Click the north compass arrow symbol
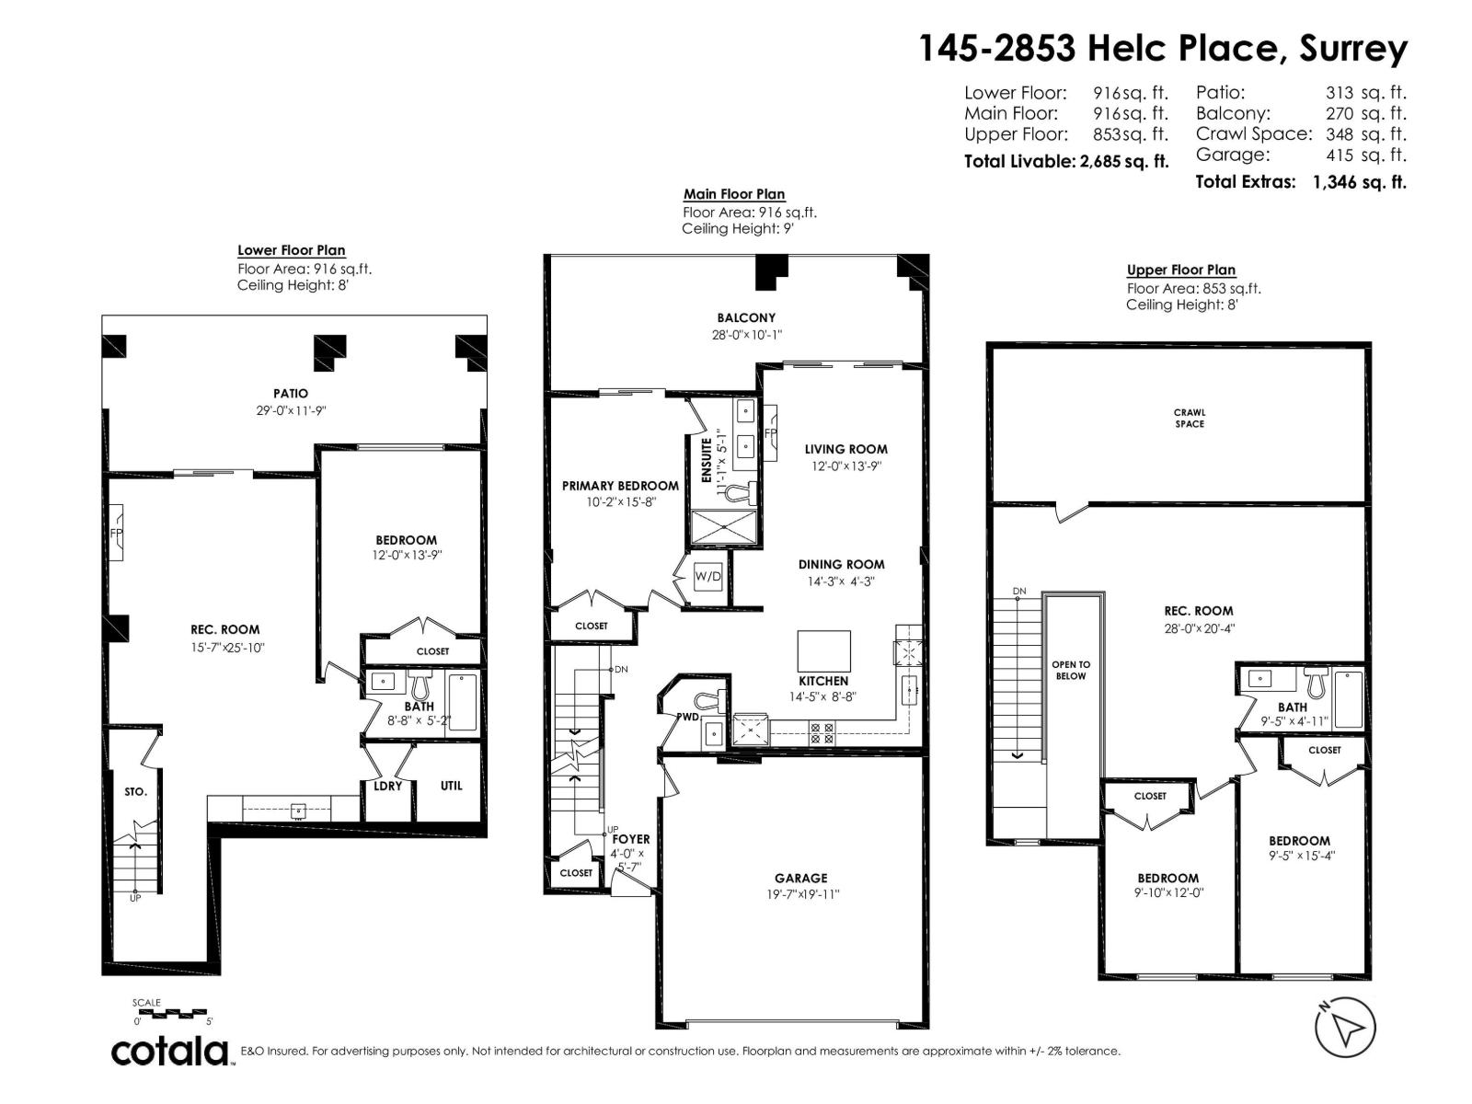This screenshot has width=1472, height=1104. [x=1345, y=1028]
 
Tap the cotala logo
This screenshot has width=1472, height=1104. [x=171, y=1051]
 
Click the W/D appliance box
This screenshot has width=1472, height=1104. [x=707, y=578]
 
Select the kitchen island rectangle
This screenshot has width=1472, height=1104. [x=823, y=650]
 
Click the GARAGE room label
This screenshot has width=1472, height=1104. [x=800, y=879]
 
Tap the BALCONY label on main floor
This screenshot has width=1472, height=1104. [x=746, y=318]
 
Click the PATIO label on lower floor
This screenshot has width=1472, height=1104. [x=291, y=394]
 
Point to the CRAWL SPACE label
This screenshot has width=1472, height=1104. [x=1189, y=419]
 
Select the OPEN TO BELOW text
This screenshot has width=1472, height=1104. [x=1071, y=670]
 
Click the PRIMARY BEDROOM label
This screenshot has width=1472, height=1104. [x=620, y=486]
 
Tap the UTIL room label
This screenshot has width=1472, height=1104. [x=451, y=786]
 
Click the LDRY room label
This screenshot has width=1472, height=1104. [x=387, y=787]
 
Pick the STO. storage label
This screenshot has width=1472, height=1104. [x=135, y=792]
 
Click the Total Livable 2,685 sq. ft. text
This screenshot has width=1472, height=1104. [x=1065, y=162]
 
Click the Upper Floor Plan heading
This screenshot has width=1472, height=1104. [x=1180, y=270]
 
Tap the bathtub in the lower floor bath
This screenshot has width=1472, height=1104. [x=463, y=702]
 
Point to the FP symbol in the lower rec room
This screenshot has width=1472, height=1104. [x=116, y=533]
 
